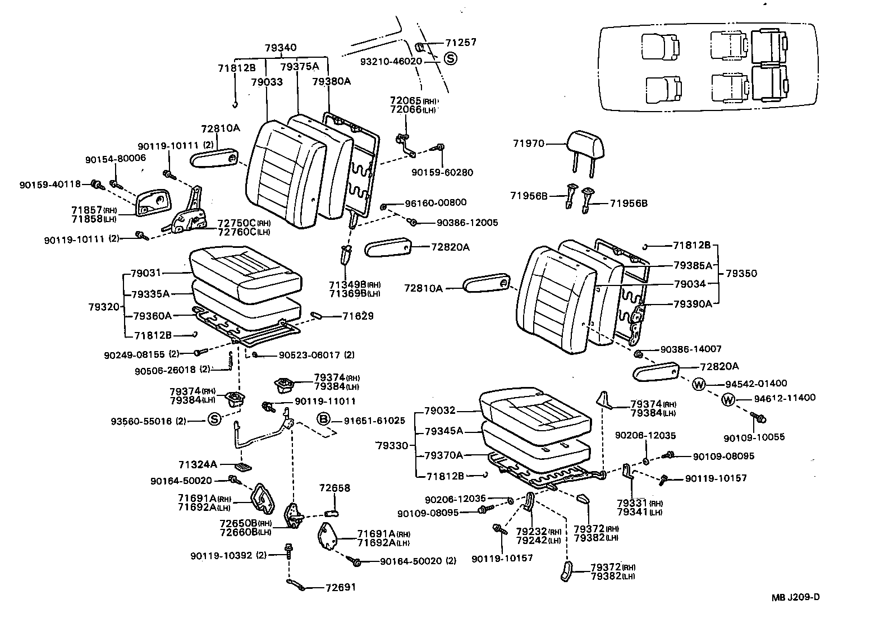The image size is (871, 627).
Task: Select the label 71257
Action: coord(461,43)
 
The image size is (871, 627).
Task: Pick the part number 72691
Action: coord(341,587)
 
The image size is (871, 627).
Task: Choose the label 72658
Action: coord(334,488)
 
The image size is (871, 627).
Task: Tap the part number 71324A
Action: coord(198,464)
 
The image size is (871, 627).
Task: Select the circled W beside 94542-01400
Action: coord(699,384)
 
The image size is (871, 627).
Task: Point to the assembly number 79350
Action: coord(741,274)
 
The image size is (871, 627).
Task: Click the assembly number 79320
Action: coord(104,307)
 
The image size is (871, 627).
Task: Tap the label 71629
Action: coord(358,316)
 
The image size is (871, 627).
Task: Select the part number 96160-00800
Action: coord(435,202)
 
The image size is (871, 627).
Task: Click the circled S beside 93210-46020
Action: coord(451,58)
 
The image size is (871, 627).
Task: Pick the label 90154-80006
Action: coord(115,159)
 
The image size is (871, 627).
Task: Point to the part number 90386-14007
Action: coord(691,349)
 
